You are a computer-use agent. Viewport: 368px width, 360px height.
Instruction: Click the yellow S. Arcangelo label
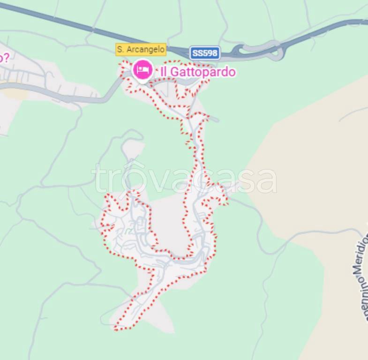[x=141, y=49]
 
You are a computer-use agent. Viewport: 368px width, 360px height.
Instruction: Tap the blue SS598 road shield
[x=204, y=53]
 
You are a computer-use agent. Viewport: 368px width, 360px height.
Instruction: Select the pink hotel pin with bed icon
[x=142, y=70]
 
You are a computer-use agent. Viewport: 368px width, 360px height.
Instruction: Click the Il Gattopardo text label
[x=197, y=72]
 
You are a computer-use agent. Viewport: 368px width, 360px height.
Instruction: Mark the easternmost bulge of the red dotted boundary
[x=227, y=202]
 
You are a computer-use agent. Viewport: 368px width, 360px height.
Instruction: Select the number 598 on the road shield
[x=210, y=53]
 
